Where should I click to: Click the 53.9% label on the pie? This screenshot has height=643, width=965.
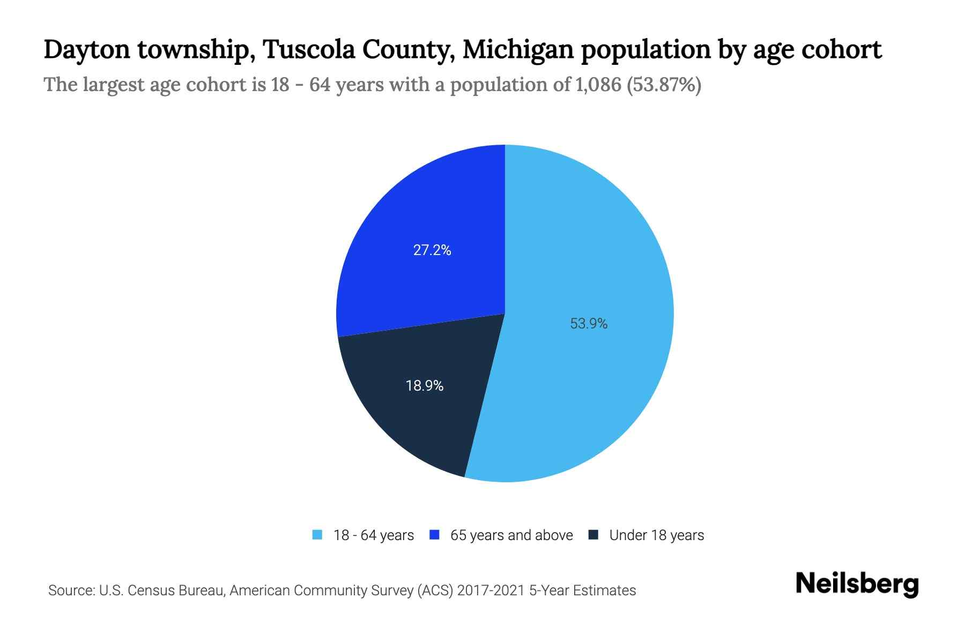click(x=589, y=324)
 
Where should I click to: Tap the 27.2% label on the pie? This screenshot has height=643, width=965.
click(x=432, y=250)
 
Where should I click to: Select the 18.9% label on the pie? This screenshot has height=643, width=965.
click(x=425, y=386)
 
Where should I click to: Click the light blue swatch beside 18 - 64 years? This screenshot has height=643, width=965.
click(x=317, y=535)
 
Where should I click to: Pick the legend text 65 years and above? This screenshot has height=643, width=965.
click(x=511, y=535)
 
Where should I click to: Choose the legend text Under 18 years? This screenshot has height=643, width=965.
click(x=656, y=535)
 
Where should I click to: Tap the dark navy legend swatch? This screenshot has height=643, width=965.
click(x=593, y=535)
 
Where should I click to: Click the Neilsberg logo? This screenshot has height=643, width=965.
click(x=857, y=584)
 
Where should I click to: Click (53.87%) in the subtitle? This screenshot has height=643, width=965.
click(x=664, y=85)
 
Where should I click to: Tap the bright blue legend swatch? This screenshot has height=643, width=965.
click(x=435, y=535)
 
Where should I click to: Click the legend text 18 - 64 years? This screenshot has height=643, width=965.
click(x=373, y=535)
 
